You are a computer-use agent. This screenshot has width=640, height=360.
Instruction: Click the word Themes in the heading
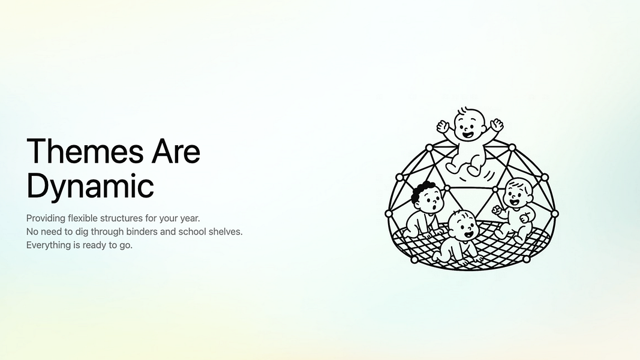tap(85, 151)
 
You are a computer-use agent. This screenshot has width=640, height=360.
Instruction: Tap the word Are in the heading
tap(176, 151)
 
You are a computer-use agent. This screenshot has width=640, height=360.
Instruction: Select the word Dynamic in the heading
tap(90, 186)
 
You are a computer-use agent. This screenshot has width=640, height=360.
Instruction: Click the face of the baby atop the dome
tap(470, 126)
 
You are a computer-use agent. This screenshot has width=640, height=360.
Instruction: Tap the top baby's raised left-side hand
tap(444, 126)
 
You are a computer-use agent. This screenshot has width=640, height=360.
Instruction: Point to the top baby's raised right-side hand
tap(497, 124)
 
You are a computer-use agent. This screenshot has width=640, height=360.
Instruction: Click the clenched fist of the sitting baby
tap(496, 209)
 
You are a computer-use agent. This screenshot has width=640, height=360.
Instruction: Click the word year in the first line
tap(189, 219)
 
